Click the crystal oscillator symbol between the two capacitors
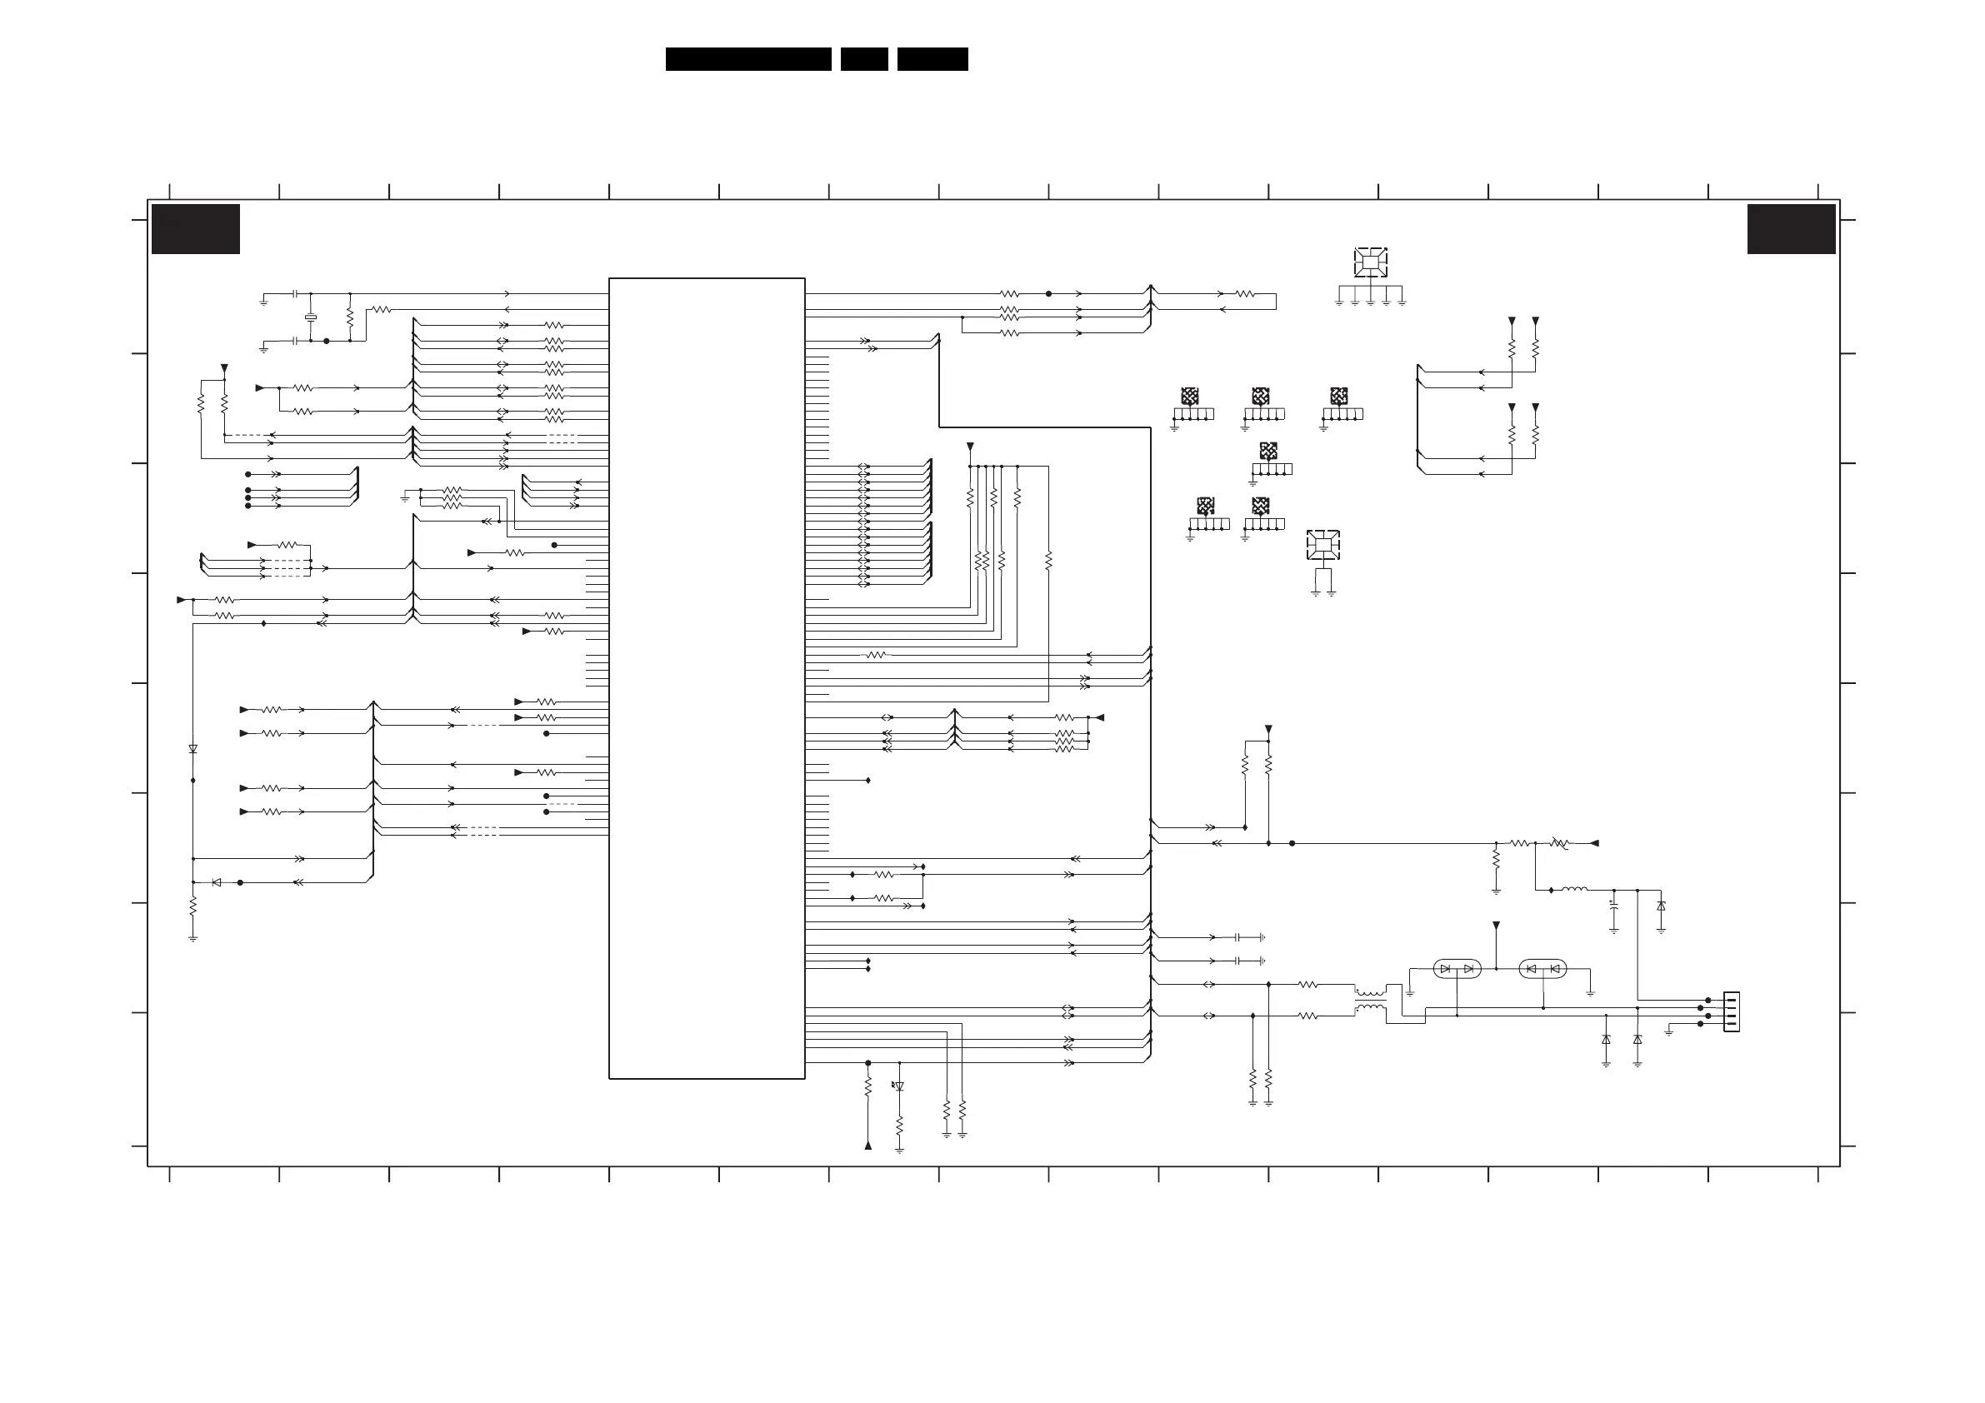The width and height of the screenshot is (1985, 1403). click(310, 317)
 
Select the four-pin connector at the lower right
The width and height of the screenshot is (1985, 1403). click(1731, 1011)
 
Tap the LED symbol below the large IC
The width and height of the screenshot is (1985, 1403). click(899, 1086)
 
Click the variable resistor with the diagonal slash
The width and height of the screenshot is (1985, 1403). click(1559, 843)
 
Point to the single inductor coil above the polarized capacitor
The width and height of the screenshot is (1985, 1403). click(1574, 889)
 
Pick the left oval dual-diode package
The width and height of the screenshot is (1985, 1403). click(1457, 969)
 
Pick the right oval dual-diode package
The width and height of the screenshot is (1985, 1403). click(1542, 969)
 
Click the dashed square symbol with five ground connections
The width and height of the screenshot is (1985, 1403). click(1370, 262)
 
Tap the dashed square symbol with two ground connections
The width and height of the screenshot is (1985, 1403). click(1322, 545)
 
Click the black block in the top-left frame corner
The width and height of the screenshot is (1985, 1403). click(195, 229)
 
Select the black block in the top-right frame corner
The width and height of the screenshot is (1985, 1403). click(1792, 229)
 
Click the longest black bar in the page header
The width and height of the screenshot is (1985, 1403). click(747, 59)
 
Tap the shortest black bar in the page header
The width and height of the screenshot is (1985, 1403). click(863, 59)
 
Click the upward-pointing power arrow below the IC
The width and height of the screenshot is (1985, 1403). click(868, 1146)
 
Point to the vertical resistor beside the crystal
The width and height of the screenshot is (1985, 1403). click(350, 317)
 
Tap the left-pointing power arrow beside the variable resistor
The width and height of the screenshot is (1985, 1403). click(1595, 843)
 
